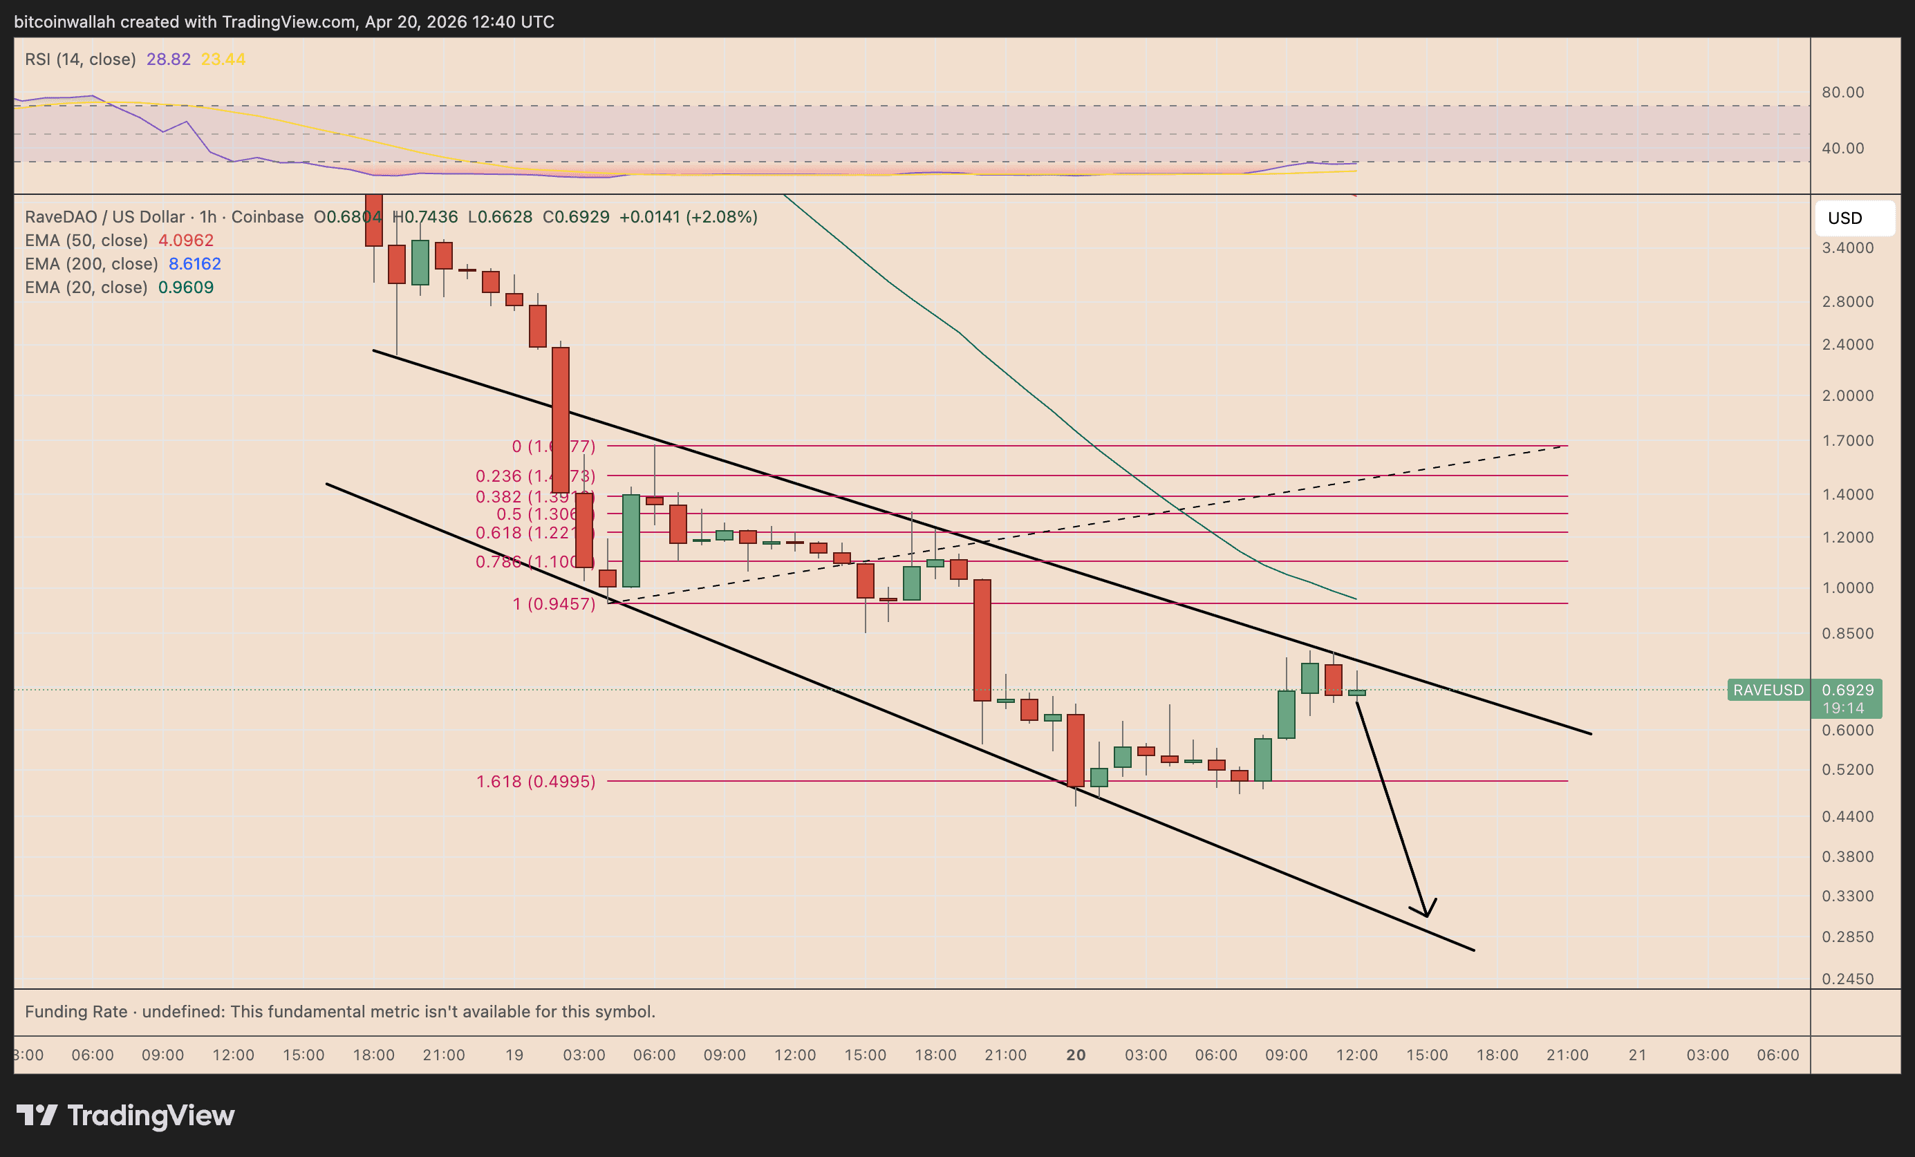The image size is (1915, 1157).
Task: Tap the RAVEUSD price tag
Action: [1768, 690]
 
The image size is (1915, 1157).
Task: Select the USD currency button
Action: [1844, 218]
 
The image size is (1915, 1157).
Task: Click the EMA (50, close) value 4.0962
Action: [186, 241]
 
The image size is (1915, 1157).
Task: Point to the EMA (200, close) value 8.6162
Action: [194, 264]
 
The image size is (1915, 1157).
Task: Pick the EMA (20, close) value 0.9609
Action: [186, 288]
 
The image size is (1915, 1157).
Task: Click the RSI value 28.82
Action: [168, 59]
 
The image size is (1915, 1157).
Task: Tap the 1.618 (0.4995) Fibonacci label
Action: [536, 781]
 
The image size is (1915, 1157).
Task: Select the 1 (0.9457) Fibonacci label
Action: [553, 604]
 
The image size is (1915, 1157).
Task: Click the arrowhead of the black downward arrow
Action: [1426, 914]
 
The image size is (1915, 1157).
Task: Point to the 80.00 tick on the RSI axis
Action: [1842, 93]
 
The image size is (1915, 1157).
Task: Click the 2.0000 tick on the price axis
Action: [1847, 395]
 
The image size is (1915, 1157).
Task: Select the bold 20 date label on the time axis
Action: [1076, 1055]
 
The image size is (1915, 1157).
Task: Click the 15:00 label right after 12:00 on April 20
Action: [1427, 1055]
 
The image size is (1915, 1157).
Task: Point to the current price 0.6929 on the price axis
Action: [1847, 690]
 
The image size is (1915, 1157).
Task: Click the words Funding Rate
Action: [76, 1012]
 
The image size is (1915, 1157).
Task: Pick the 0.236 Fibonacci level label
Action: [536, 476]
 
